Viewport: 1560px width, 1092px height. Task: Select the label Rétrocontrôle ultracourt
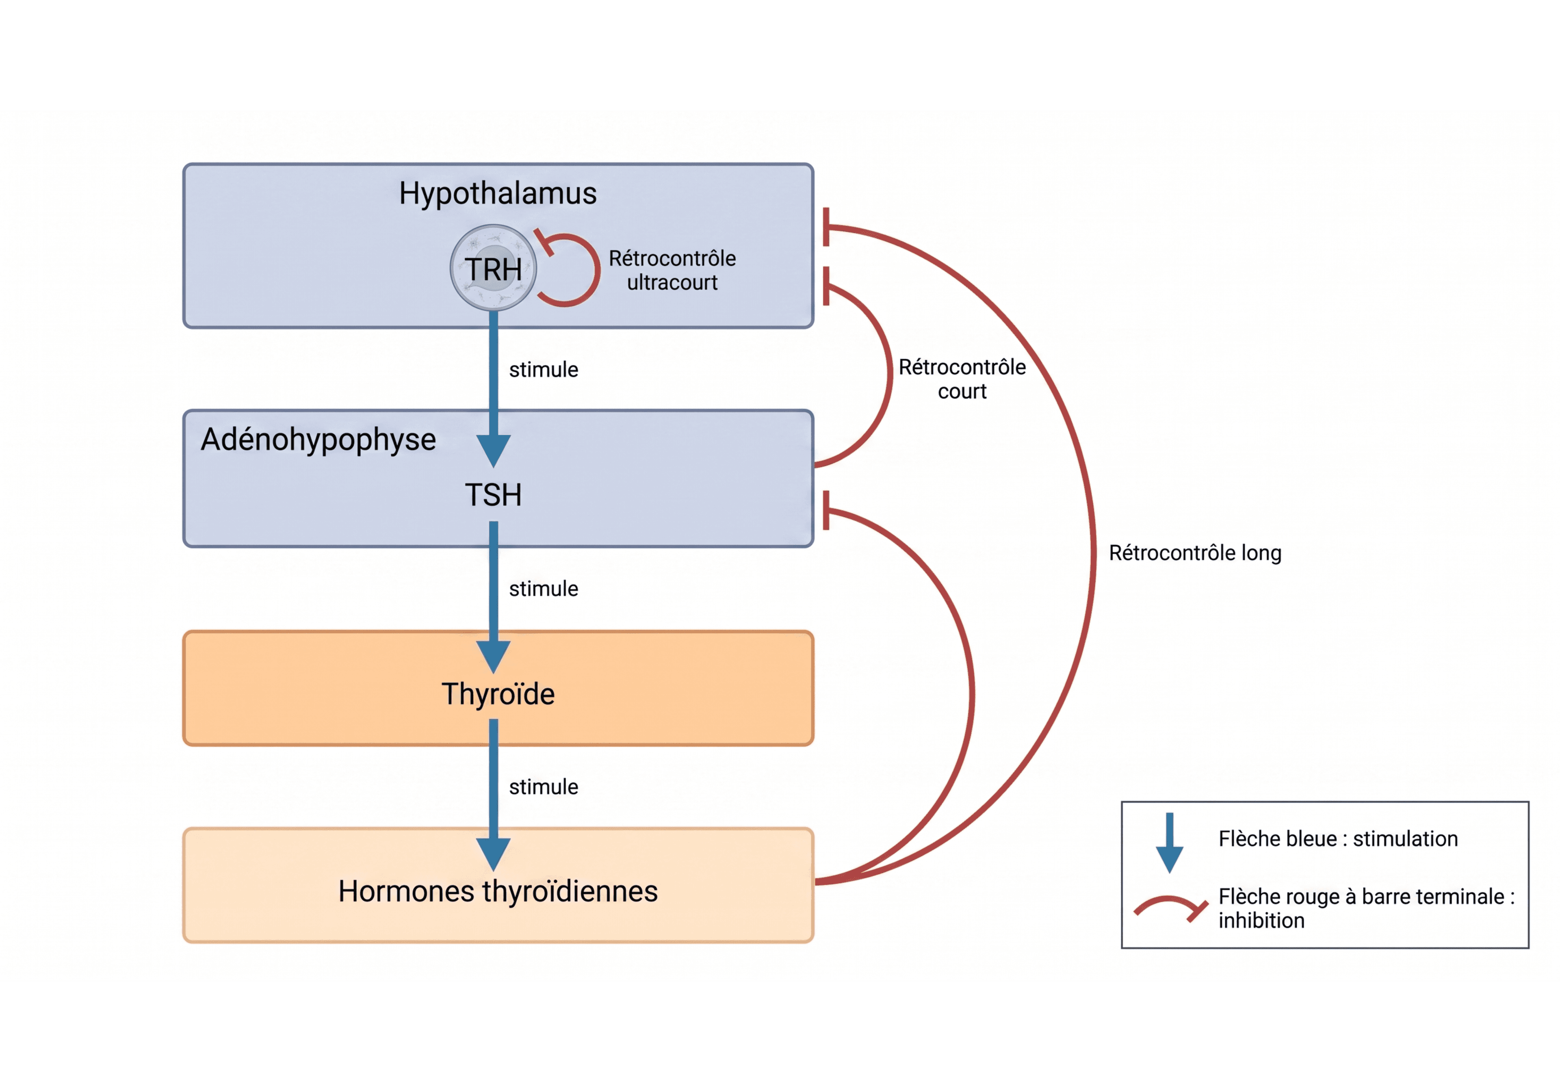672,270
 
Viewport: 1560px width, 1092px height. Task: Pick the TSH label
493,495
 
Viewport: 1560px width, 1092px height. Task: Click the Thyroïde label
498,694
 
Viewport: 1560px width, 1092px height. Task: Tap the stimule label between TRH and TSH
544,370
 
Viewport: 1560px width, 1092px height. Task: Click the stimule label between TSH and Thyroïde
544,589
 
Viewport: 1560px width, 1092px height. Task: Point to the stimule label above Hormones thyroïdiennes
544,787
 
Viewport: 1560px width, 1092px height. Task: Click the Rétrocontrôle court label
962,379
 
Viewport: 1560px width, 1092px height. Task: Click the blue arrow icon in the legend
1169,843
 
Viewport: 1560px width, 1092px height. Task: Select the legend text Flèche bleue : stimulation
1338,839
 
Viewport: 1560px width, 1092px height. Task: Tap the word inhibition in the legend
1261,921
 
